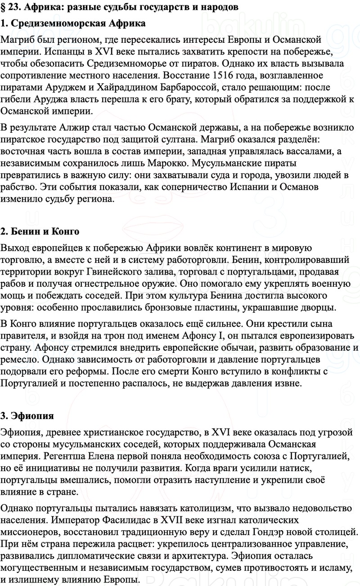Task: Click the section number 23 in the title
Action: point(15,7)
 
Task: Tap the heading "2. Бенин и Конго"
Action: point(40,232)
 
